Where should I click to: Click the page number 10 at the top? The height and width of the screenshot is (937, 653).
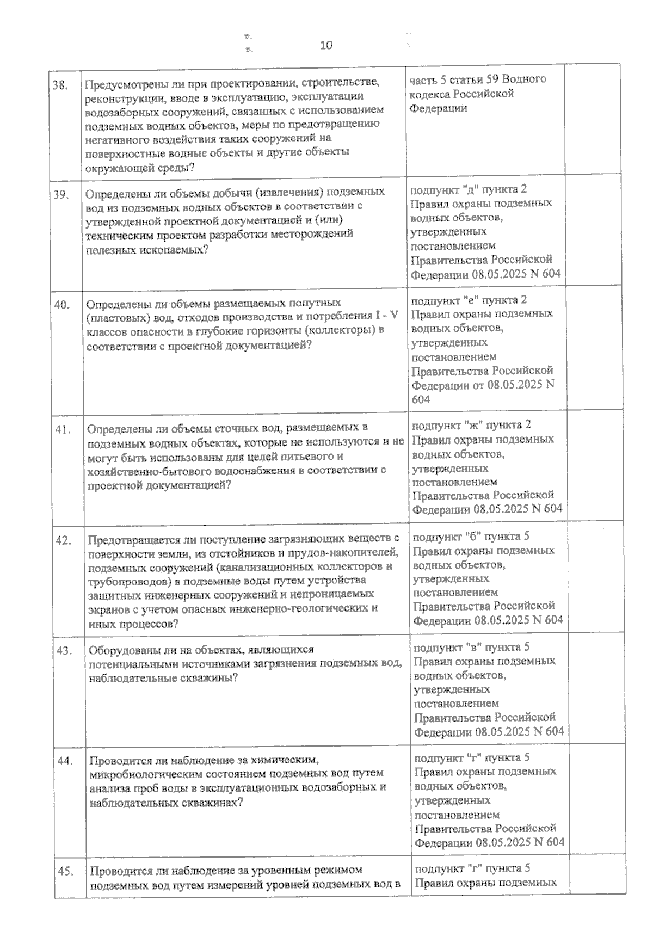pyautogui.click(x=326, y=45)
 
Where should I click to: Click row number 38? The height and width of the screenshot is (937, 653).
pyautogui.click(x=61, y=85)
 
